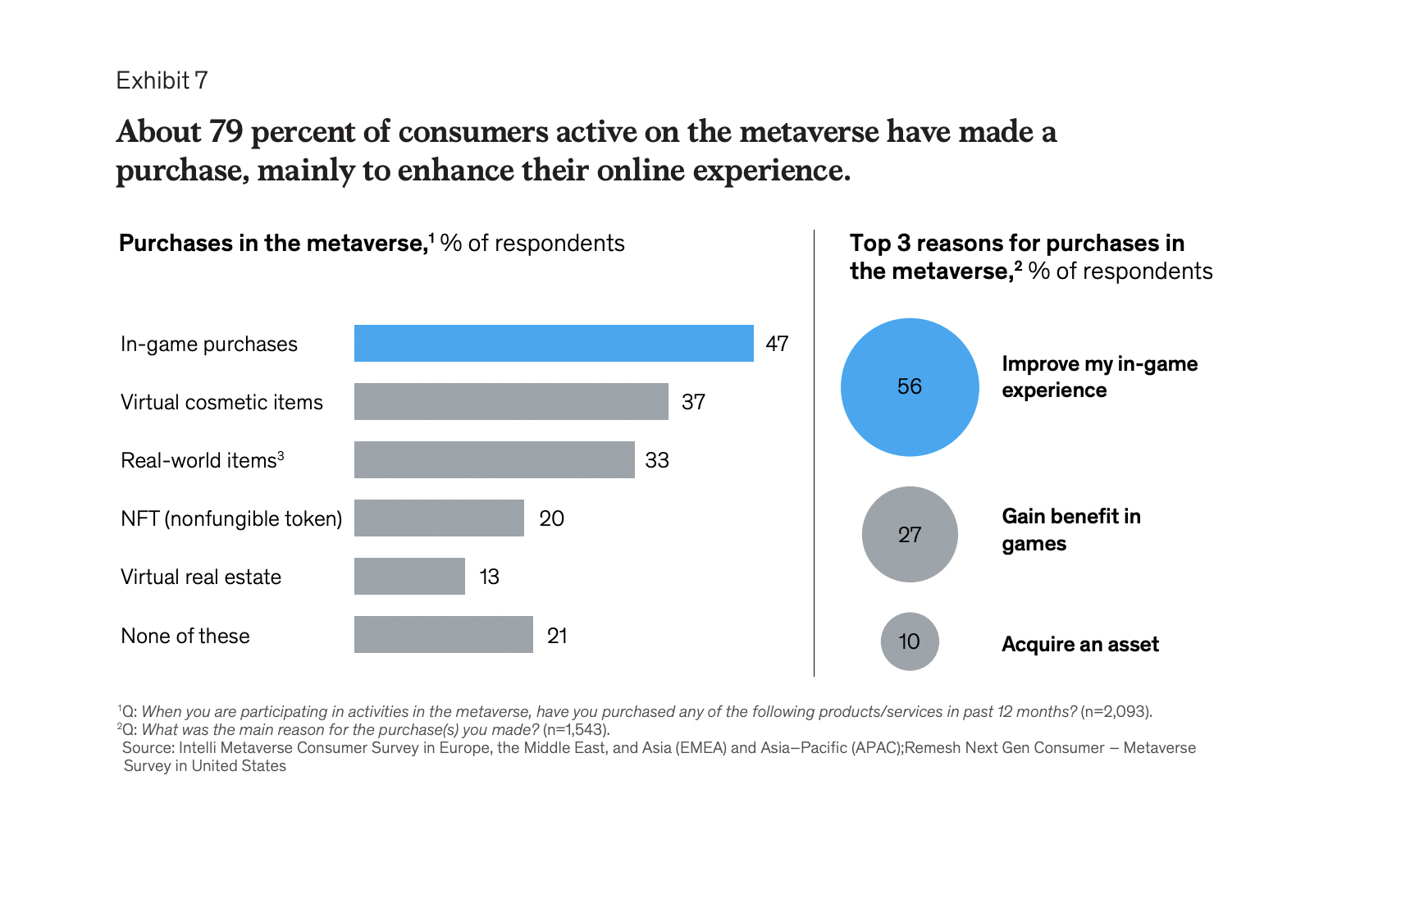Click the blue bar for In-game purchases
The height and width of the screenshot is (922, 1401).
pyautogui.click(x=554, y=343)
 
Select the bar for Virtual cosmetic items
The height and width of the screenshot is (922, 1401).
pyautogui.click(x=511, y=401)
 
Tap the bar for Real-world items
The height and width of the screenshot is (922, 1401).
pyautogui.click(x=494, y=459)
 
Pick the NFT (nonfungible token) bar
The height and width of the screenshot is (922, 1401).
pyautogui.click(x=439, y=518)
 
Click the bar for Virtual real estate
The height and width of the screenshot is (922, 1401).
pyautogui.click(x=409, y=576)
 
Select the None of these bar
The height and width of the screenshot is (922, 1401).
pyautogui.click(x=443, y=634)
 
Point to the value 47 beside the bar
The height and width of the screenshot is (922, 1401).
pyautogui.click(x=777, y=344)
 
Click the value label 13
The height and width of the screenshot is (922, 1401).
pyautogui.click(x=489, y=577)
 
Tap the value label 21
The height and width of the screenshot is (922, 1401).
pyautogui.click(x=557, y=636)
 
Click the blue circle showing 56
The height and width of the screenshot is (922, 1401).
pyautogui.click(x=910, y=386)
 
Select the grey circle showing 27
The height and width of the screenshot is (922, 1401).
pyautogui.click(x=910, y=534)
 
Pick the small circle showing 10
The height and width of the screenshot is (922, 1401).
pyautogui.click(x=910, y=641)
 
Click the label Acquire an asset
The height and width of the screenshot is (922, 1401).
pyautogui.click(x=1079, y=644)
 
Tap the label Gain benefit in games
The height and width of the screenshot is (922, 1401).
pyautogui.click(x=1070, y=530)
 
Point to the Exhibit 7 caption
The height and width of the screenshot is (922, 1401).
pyautogui.click(x=162, y=80)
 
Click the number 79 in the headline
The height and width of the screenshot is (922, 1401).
pyautogui.click(x=226, y=131)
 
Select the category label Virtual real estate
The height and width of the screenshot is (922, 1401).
pyautogui.click(x=201, y=577)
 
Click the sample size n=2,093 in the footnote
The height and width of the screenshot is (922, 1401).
pyautogui.click(x=1116, y=711)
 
